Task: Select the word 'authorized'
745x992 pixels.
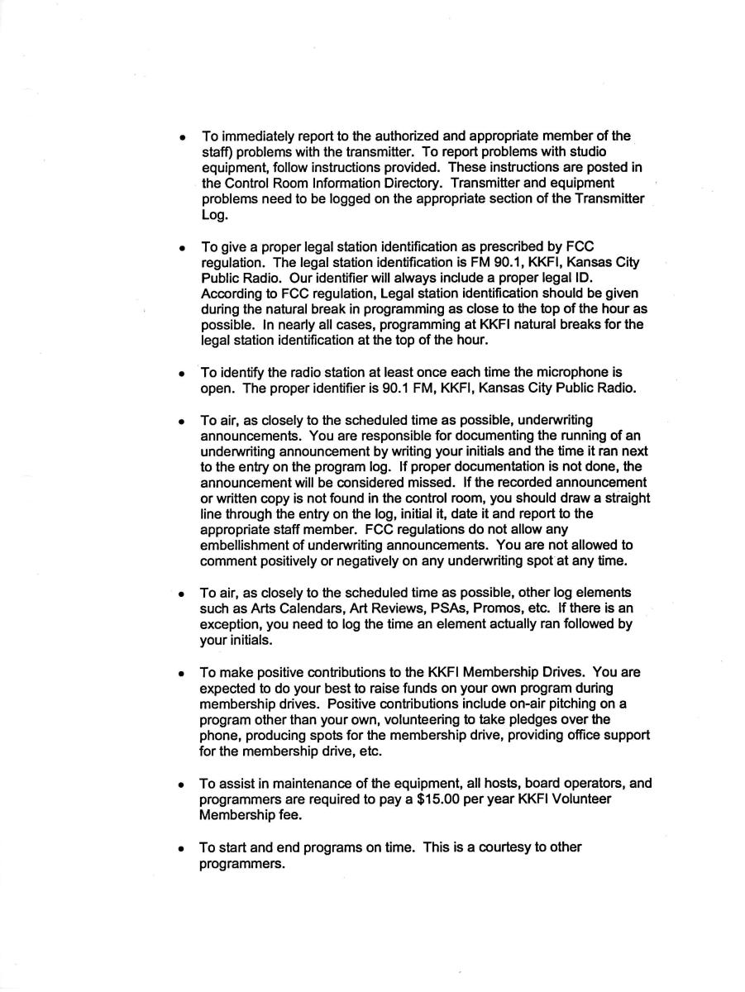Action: pyautogui.click(x=410, y=136)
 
